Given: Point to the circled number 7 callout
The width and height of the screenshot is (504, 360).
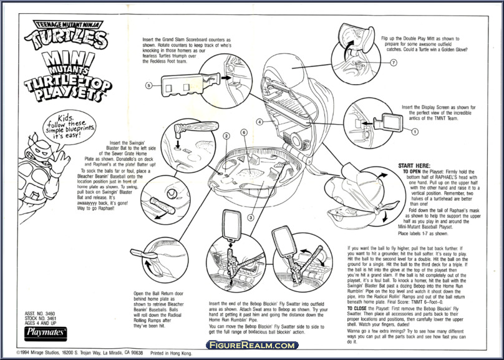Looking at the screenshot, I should (x=394, y=63).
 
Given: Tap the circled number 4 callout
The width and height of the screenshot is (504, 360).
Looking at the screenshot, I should (x=258, y=122).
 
